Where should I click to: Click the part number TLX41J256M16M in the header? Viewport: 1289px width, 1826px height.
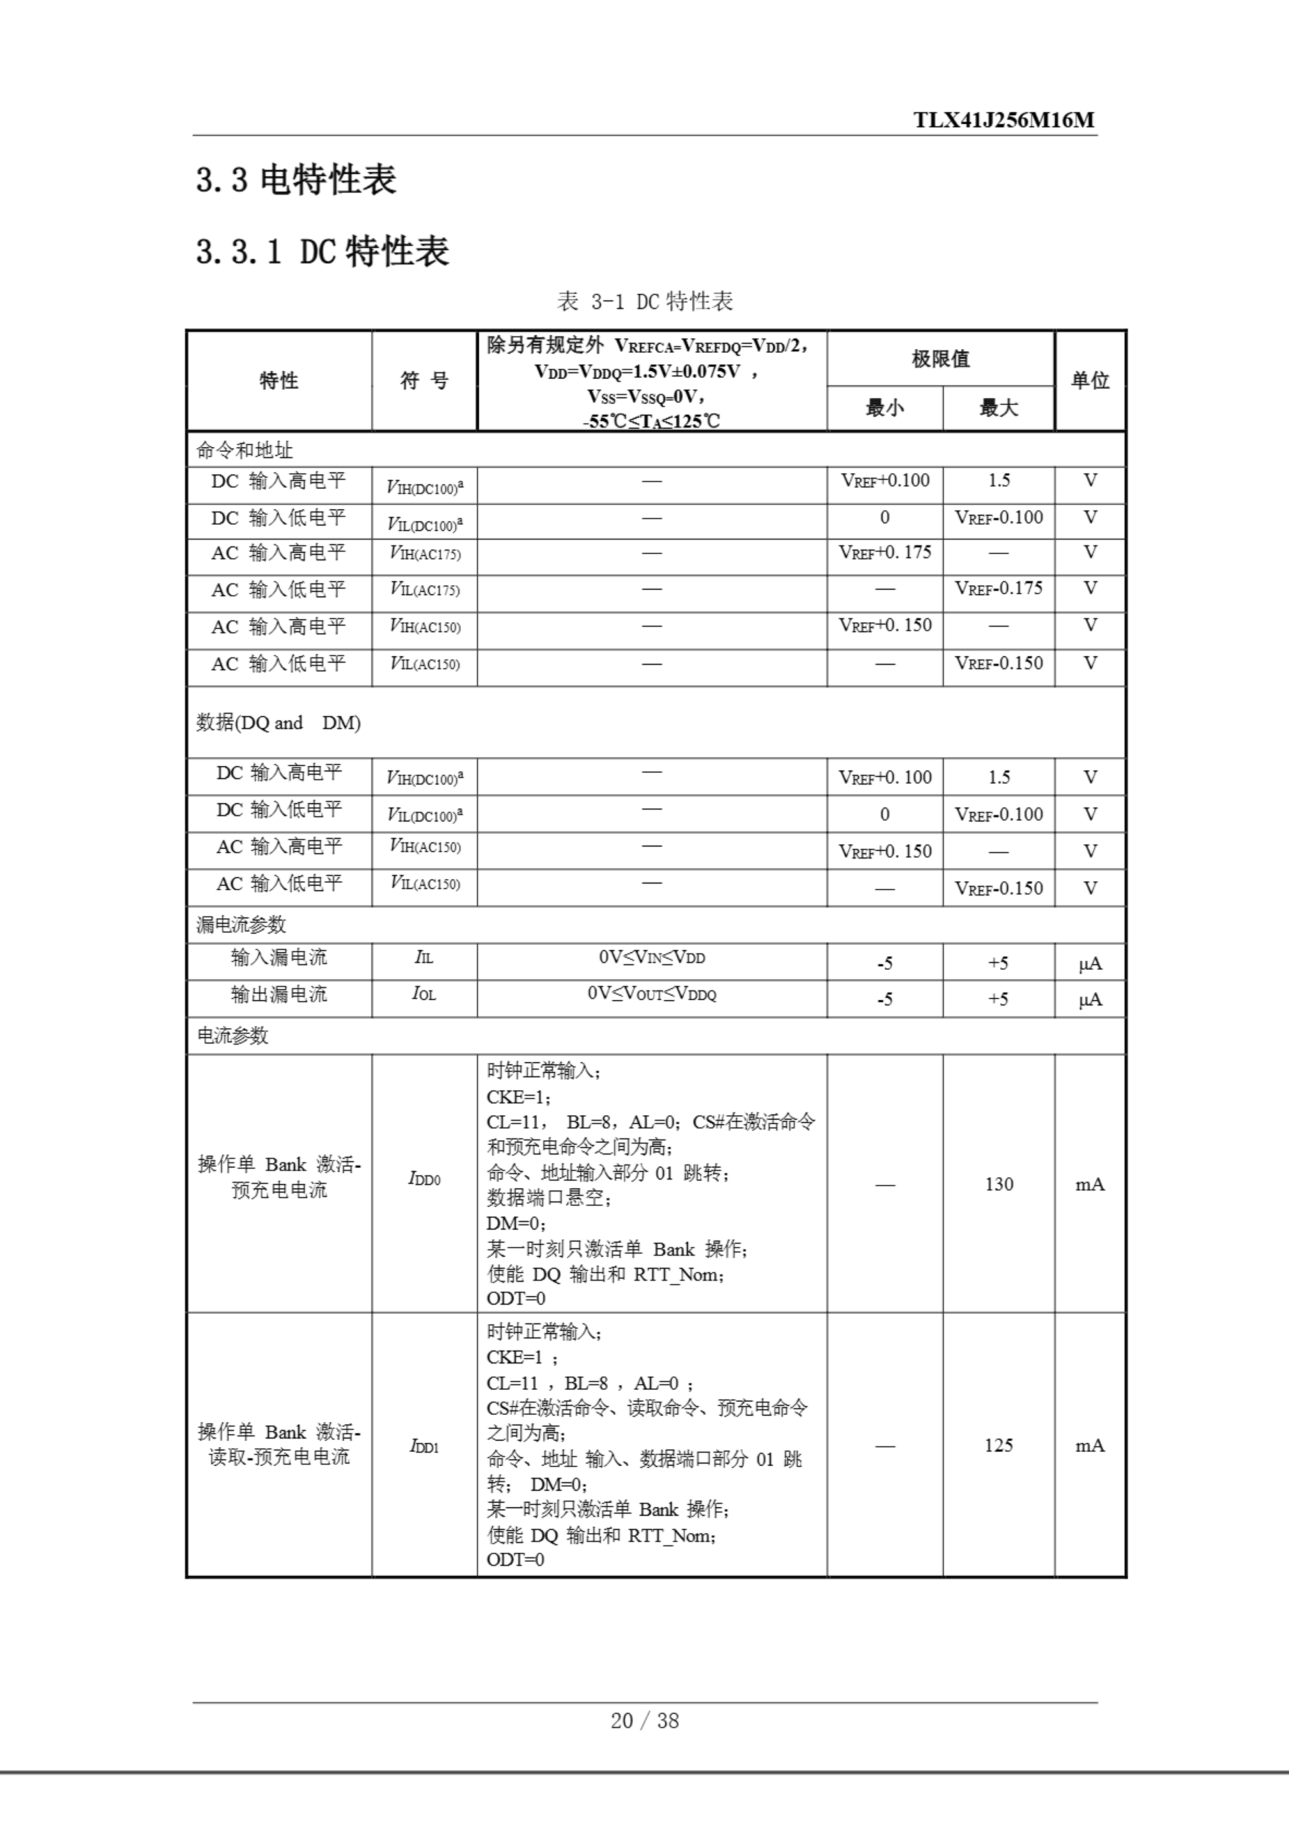[1004, 120]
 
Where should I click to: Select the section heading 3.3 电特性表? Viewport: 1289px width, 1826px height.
[296, 180]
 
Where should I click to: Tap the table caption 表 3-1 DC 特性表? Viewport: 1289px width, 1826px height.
[644, 302]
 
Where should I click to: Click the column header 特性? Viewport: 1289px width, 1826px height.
[278, 381]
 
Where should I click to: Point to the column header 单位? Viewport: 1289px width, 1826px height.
[1089, 381]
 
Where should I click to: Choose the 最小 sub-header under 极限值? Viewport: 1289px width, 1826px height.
[885, 408]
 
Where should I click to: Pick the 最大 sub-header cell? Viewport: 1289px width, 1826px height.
[999, 408]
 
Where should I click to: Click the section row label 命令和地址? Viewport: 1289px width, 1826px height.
[244, 450]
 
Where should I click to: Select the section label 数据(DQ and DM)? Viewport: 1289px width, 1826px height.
[278, 723]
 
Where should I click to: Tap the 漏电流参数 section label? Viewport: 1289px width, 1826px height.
[241, 924]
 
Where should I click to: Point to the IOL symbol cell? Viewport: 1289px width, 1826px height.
[424, 994]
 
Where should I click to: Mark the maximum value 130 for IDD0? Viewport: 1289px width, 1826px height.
[999, 1184]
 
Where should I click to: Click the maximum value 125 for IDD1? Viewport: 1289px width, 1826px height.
[999, 1445]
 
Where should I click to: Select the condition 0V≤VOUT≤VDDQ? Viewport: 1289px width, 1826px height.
[652, 994]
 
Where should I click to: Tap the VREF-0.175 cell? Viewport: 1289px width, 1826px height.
[999, 588]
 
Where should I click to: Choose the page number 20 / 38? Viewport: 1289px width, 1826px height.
[644, 1720]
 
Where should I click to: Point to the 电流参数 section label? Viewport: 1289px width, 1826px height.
[233, 1036]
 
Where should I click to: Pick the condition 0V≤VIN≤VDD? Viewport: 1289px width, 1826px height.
[652, 957]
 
